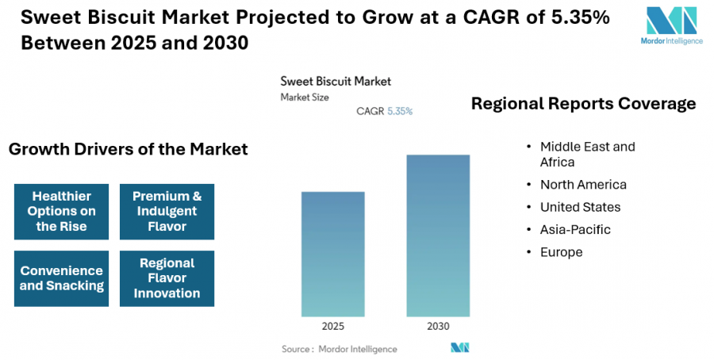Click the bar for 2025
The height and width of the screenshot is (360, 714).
coord(333,254)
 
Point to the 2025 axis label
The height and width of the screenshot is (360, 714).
coord(333,327)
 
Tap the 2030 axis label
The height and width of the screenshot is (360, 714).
coord(438,327)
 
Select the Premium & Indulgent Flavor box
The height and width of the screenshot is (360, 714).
coord(167,211)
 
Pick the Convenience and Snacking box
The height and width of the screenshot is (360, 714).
coord(61,278)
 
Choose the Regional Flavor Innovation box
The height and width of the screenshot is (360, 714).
coord(167,278)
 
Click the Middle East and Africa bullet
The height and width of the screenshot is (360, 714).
coord(587,154)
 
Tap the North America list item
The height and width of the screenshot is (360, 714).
coord(583,185)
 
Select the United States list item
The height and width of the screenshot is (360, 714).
coord(580,207)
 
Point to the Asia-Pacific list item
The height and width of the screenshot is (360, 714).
coord(575,230)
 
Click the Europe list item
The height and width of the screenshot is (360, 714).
coord(561,252)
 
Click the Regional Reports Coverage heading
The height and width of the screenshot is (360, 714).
coord(583,104)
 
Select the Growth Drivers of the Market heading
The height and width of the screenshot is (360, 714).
coord(128,149)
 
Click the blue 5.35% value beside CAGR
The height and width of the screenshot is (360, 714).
coord(400,112)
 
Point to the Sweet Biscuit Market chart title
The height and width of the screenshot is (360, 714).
coord(336,81)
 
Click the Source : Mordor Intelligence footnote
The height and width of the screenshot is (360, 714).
coord(340,349)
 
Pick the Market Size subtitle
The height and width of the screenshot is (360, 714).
coord(305,98)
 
